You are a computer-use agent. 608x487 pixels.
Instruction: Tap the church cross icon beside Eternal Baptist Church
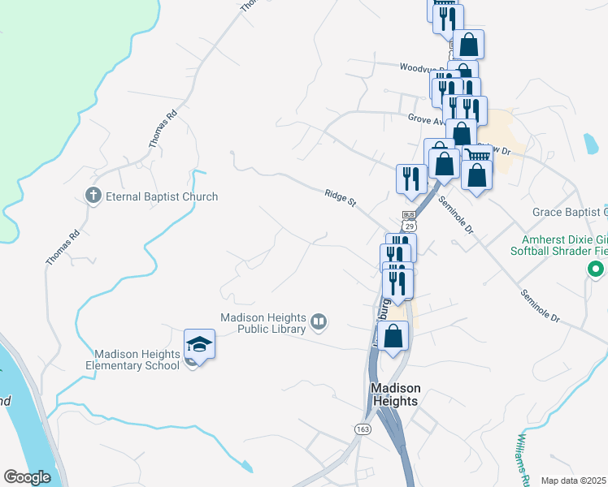pos(93,196)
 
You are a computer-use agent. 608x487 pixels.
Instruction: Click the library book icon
pos(319,323)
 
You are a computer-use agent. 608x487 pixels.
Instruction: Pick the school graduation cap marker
pos(199,346)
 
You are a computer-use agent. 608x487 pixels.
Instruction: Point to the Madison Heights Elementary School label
pos(136,360)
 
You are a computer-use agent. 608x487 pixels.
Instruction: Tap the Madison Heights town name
pos(394,394)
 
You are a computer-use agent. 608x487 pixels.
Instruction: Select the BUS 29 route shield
pos(409,221)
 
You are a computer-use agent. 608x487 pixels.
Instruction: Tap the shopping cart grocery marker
pos(478,154)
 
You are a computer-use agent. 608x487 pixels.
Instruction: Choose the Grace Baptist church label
pos(569,213)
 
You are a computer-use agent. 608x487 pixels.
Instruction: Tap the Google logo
pos(27,476)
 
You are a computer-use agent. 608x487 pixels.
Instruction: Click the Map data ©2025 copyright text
pos(573,481)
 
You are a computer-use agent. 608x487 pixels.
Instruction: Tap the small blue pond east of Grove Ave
pos(590,144)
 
